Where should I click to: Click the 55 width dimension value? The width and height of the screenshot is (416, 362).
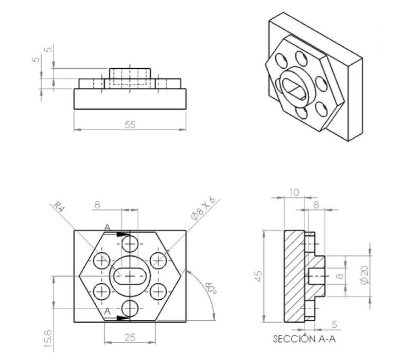point(130,124)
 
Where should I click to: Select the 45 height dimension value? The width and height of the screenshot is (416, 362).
point(259,276)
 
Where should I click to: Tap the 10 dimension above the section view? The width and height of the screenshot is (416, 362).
point(295,192)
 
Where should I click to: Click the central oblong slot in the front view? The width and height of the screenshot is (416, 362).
point(130,276)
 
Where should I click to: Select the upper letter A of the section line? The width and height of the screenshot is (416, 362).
point(107,227)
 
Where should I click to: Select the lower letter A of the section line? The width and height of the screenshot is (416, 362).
point(107,311)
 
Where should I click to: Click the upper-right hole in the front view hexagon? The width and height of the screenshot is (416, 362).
point(159,260)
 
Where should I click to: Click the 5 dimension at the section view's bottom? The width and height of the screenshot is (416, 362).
point(334,324)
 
